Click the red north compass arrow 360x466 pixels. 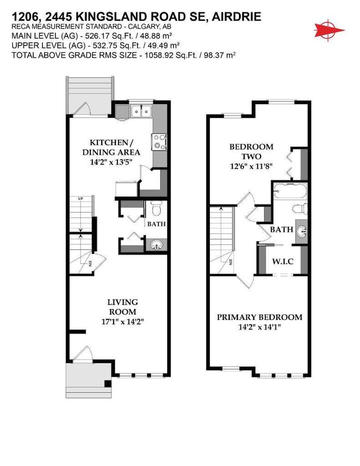[x=329, y=28]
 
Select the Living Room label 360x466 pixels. [x=122, y=307]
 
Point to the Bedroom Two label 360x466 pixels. [x=251, y=151]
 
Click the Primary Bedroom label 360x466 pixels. [x=259, y=317]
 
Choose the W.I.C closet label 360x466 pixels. [x=282, y=261]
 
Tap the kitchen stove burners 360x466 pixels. [x=160, y=141]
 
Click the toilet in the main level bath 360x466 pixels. [x=155, y=207]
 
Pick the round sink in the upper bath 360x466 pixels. [x=301, y=231]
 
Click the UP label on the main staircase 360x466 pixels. [x=80, y=199]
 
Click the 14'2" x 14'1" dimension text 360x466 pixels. [x=259, y=328]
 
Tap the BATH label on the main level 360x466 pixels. [x=155, y=224]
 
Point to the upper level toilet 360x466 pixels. [x=299, y=209]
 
